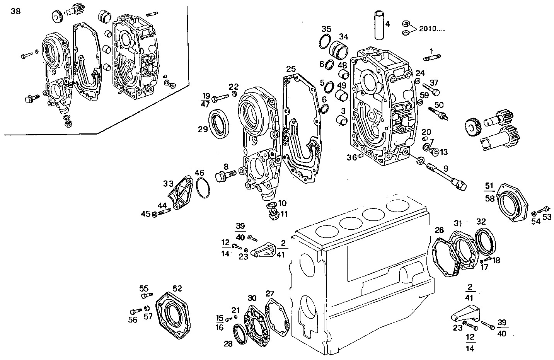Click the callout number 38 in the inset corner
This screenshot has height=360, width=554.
click(16, 11)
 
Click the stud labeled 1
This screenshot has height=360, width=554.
click(432, 59)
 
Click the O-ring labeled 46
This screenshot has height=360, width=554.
click(203, 188)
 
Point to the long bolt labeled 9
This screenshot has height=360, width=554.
click(445, 175)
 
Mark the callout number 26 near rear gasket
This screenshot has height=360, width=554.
click(439, 230)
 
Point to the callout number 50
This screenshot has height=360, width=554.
click(439, 104)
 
